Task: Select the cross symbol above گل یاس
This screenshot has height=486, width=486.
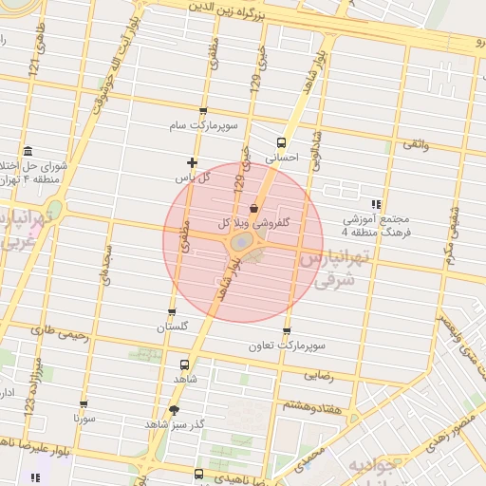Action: coord(192,162)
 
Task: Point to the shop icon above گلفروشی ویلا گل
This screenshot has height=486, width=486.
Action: coord(252,208)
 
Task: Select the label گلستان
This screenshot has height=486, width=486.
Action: coord(173,327)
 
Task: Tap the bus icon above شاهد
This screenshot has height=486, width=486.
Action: coord(184,364)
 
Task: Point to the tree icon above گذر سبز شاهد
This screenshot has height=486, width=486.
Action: coord(173,410)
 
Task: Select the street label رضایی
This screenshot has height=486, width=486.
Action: coord(318,376)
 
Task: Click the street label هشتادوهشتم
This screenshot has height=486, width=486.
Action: coord(308,405)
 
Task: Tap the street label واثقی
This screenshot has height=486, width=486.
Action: coord(416,143)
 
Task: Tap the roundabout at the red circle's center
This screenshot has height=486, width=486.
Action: coord(241,244)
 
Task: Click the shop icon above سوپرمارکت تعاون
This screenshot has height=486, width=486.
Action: coord(287,330)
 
